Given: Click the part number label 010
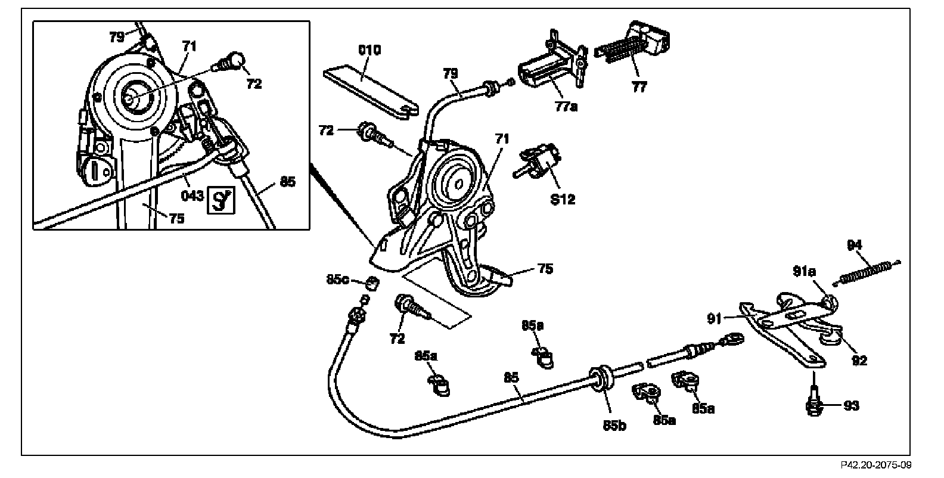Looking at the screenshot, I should coord(369,49).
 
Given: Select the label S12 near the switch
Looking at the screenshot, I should coord(563,199).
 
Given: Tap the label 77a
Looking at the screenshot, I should coord(567,107).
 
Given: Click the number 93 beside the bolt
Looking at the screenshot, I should coord(852,406).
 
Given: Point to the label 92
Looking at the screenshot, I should coord(859,360).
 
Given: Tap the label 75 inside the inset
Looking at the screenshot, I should coord(176,218).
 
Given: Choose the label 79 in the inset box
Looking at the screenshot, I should coord(117,37).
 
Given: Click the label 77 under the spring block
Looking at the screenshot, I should coord(639,87).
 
